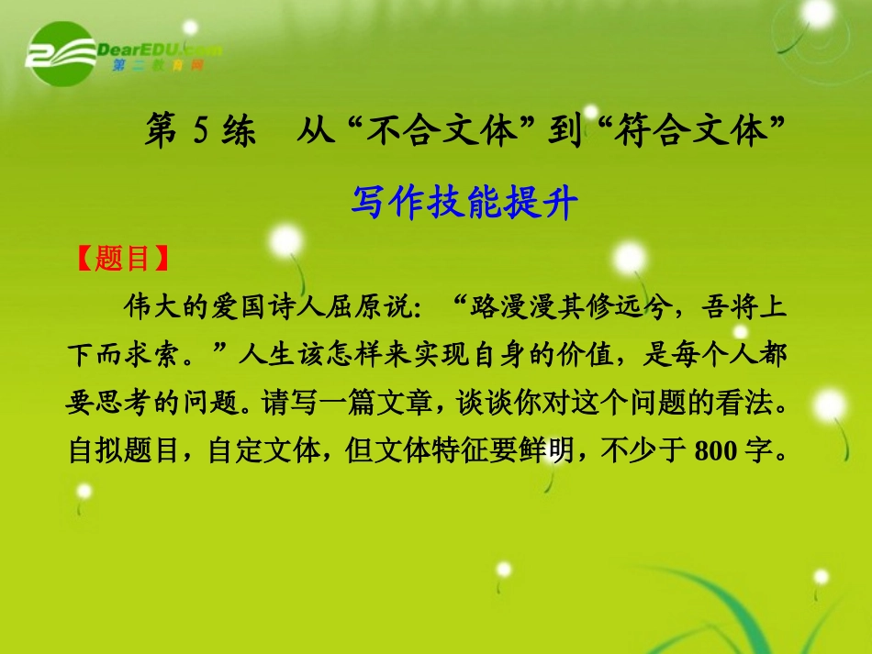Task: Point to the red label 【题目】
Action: point(122,260)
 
